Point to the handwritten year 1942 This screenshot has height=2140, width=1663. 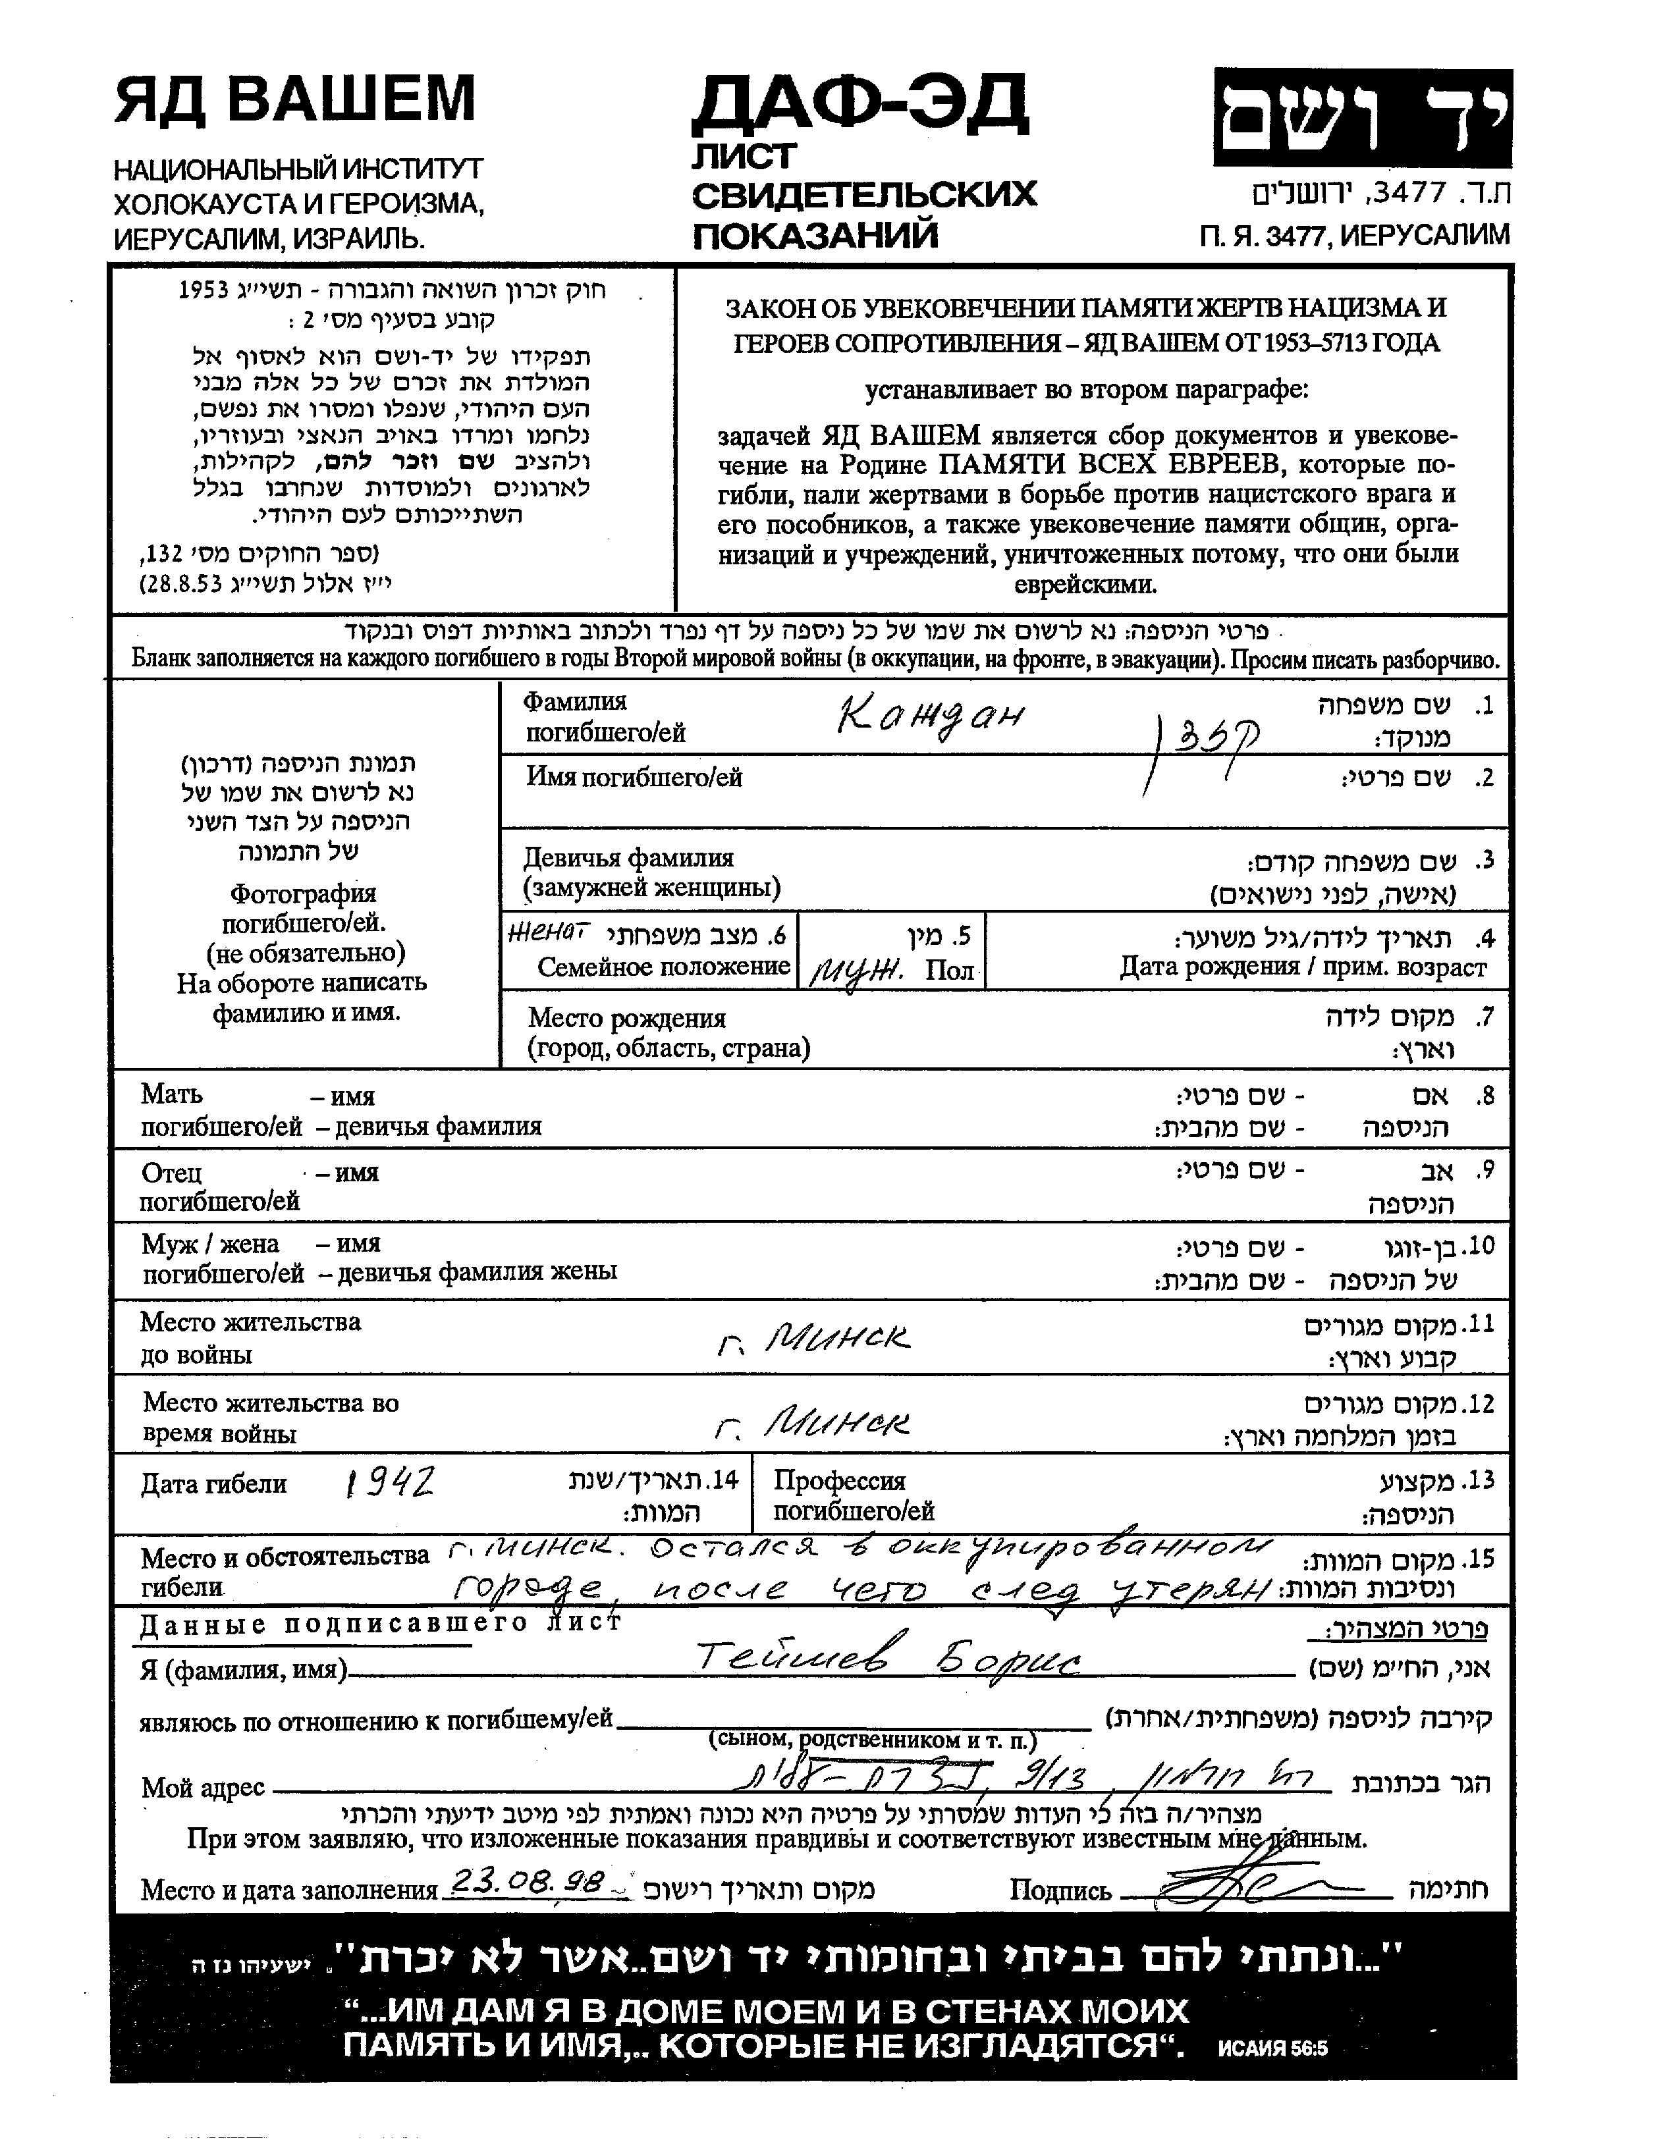[389, 1484]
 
